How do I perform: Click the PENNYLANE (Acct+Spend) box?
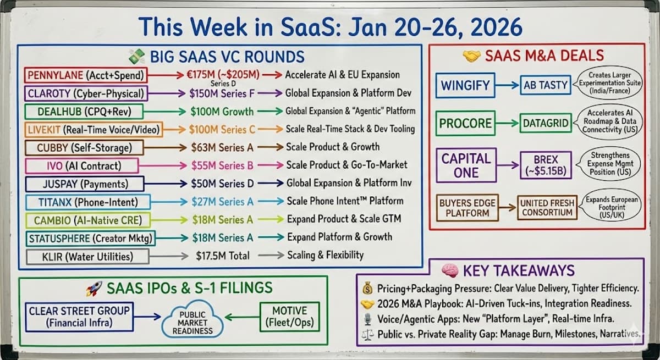[85, 75]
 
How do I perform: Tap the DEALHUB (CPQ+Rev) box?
[84, 112]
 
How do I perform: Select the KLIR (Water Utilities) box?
[80, 256]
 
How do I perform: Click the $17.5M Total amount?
[222, 256]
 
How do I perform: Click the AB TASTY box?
[546, 86]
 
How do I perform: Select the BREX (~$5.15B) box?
[546, 164]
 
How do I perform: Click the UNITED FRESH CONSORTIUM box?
[547, 207]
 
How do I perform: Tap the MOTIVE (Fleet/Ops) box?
[289, 316]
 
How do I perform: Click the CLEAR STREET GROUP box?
[79, 316]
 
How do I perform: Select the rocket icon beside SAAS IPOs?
[94, 287]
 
